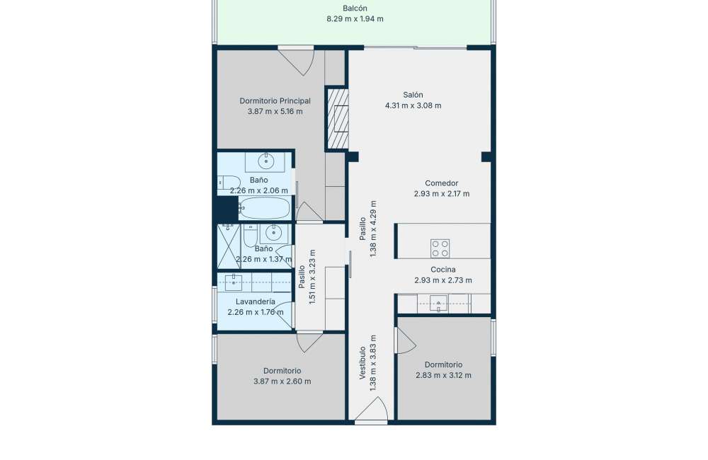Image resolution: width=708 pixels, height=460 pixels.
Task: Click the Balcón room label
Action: (355, 8)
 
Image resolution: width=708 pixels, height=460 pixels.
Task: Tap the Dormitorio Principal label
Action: (275, 100)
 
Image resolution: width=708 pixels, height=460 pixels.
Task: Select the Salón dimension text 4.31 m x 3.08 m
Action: (413, 105)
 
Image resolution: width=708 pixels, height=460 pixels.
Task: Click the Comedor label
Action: (442, 183)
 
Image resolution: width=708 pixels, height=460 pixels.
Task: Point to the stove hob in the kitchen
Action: (440, 248)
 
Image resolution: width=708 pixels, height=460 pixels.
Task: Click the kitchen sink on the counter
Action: (438, 304)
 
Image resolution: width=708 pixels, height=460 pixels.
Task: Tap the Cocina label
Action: (443, 270)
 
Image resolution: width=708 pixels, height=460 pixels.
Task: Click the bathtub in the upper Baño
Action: (264, 208)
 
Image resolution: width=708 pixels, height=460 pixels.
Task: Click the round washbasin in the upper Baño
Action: (266, 161)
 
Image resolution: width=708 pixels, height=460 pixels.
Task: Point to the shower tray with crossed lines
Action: (229, 246)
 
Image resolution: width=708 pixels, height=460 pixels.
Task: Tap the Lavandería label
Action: (256, 301)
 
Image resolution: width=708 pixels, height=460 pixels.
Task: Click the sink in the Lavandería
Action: (234, 282)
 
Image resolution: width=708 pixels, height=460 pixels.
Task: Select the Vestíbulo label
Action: (362, 363)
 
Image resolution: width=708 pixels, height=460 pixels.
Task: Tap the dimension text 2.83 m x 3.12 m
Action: (443, 375)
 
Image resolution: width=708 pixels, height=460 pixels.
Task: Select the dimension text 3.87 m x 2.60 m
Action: (282, 381)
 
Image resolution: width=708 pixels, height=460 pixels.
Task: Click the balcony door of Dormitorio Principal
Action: (296, 60)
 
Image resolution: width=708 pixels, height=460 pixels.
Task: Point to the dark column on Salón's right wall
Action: (487, 156)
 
